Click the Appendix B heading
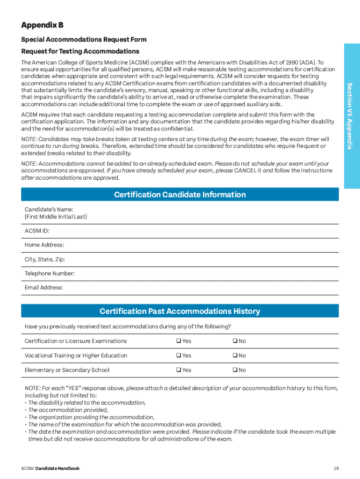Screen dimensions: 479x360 pos(42,25)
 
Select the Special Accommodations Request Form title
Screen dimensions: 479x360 pos(84,40)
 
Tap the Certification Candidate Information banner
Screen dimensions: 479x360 pos(180,195)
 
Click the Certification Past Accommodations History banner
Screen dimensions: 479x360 pos(180,311)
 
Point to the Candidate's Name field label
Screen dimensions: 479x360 pos(49,210)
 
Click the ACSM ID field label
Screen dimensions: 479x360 pos(37,231)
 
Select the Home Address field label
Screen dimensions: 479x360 pos(44,245)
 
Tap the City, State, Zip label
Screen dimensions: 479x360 pos(45,259)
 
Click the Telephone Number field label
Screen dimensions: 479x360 pos(50,273)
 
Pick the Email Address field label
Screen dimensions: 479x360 pos(43,287)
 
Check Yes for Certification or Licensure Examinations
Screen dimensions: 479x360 pos(179,341)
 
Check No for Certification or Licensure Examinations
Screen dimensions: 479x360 pos(235,341)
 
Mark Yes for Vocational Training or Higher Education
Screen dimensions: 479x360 pos(179,356)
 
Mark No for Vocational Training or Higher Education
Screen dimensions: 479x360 pos(235,356)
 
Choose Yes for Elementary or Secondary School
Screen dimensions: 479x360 pos(179,370)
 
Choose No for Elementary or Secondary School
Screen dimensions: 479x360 pos(235,370)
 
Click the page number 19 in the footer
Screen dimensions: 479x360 pos(336,468)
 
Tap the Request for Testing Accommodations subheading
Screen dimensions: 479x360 pos(80,51)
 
